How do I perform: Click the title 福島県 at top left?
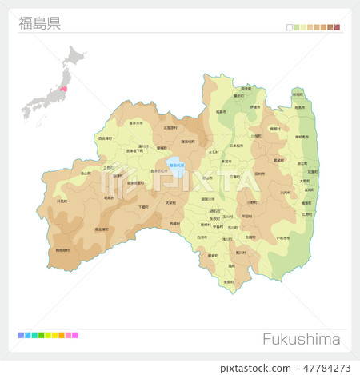tap(39, 22)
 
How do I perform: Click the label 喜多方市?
tap(134, 123)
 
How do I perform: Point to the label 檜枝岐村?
tap(62, 250)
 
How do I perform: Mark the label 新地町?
tap(298, 94)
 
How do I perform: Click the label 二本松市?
tap(236, 146)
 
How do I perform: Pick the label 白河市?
tap(202, 237)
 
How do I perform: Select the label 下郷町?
tap(144, 206)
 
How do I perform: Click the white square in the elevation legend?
tap(290, 27)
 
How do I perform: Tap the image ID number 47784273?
tap(323, 368)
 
